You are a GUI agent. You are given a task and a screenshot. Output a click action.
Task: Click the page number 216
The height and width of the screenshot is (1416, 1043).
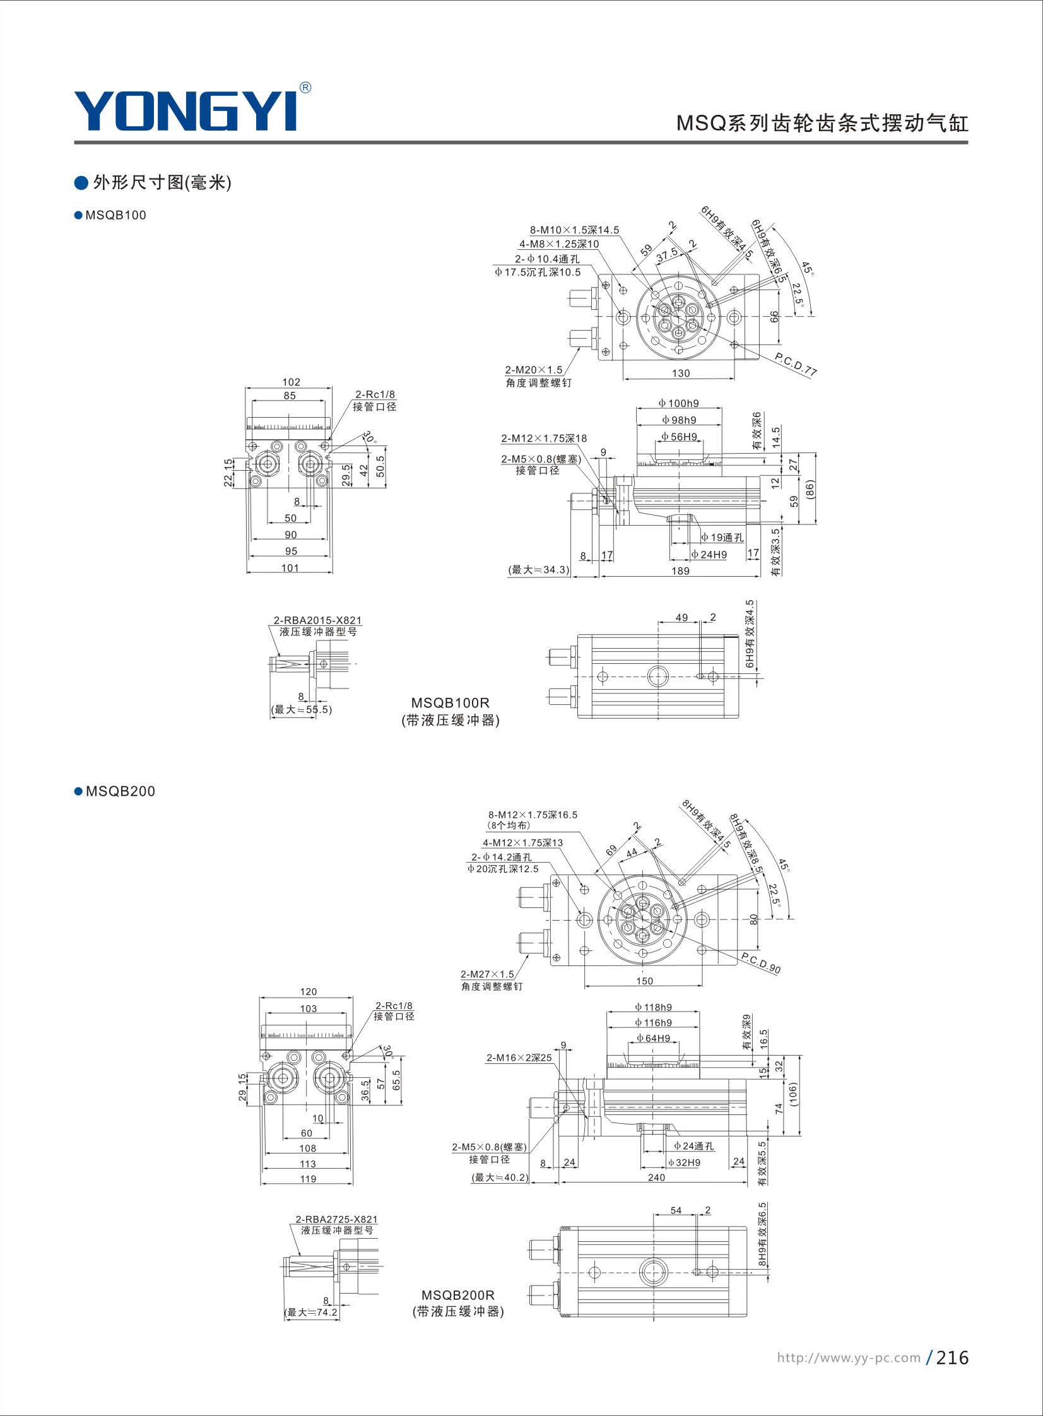(952, 1357)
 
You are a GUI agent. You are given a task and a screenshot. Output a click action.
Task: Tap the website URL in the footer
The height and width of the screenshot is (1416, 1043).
(849, 1358)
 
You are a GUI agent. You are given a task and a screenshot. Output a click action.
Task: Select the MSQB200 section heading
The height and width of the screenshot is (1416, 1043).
(115, 792)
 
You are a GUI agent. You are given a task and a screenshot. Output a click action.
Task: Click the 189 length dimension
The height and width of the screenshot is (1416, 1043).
(680, 570)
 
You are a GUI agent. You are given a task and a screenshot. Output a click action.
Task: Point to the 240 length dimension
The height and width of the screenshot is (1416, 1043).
(656, 1177)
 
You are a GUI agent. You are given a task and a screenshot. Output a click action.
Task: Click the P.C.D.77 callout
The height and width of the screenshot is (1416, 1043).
(796, 365)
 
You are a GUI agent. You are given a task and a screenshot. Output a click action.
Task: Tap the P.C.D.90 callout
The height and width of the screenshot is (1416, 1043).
(761, 964)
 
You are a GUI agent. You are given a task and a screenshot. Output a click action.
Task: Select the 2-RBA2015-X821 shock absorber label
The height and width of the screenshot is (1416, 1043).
(317, 620)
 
